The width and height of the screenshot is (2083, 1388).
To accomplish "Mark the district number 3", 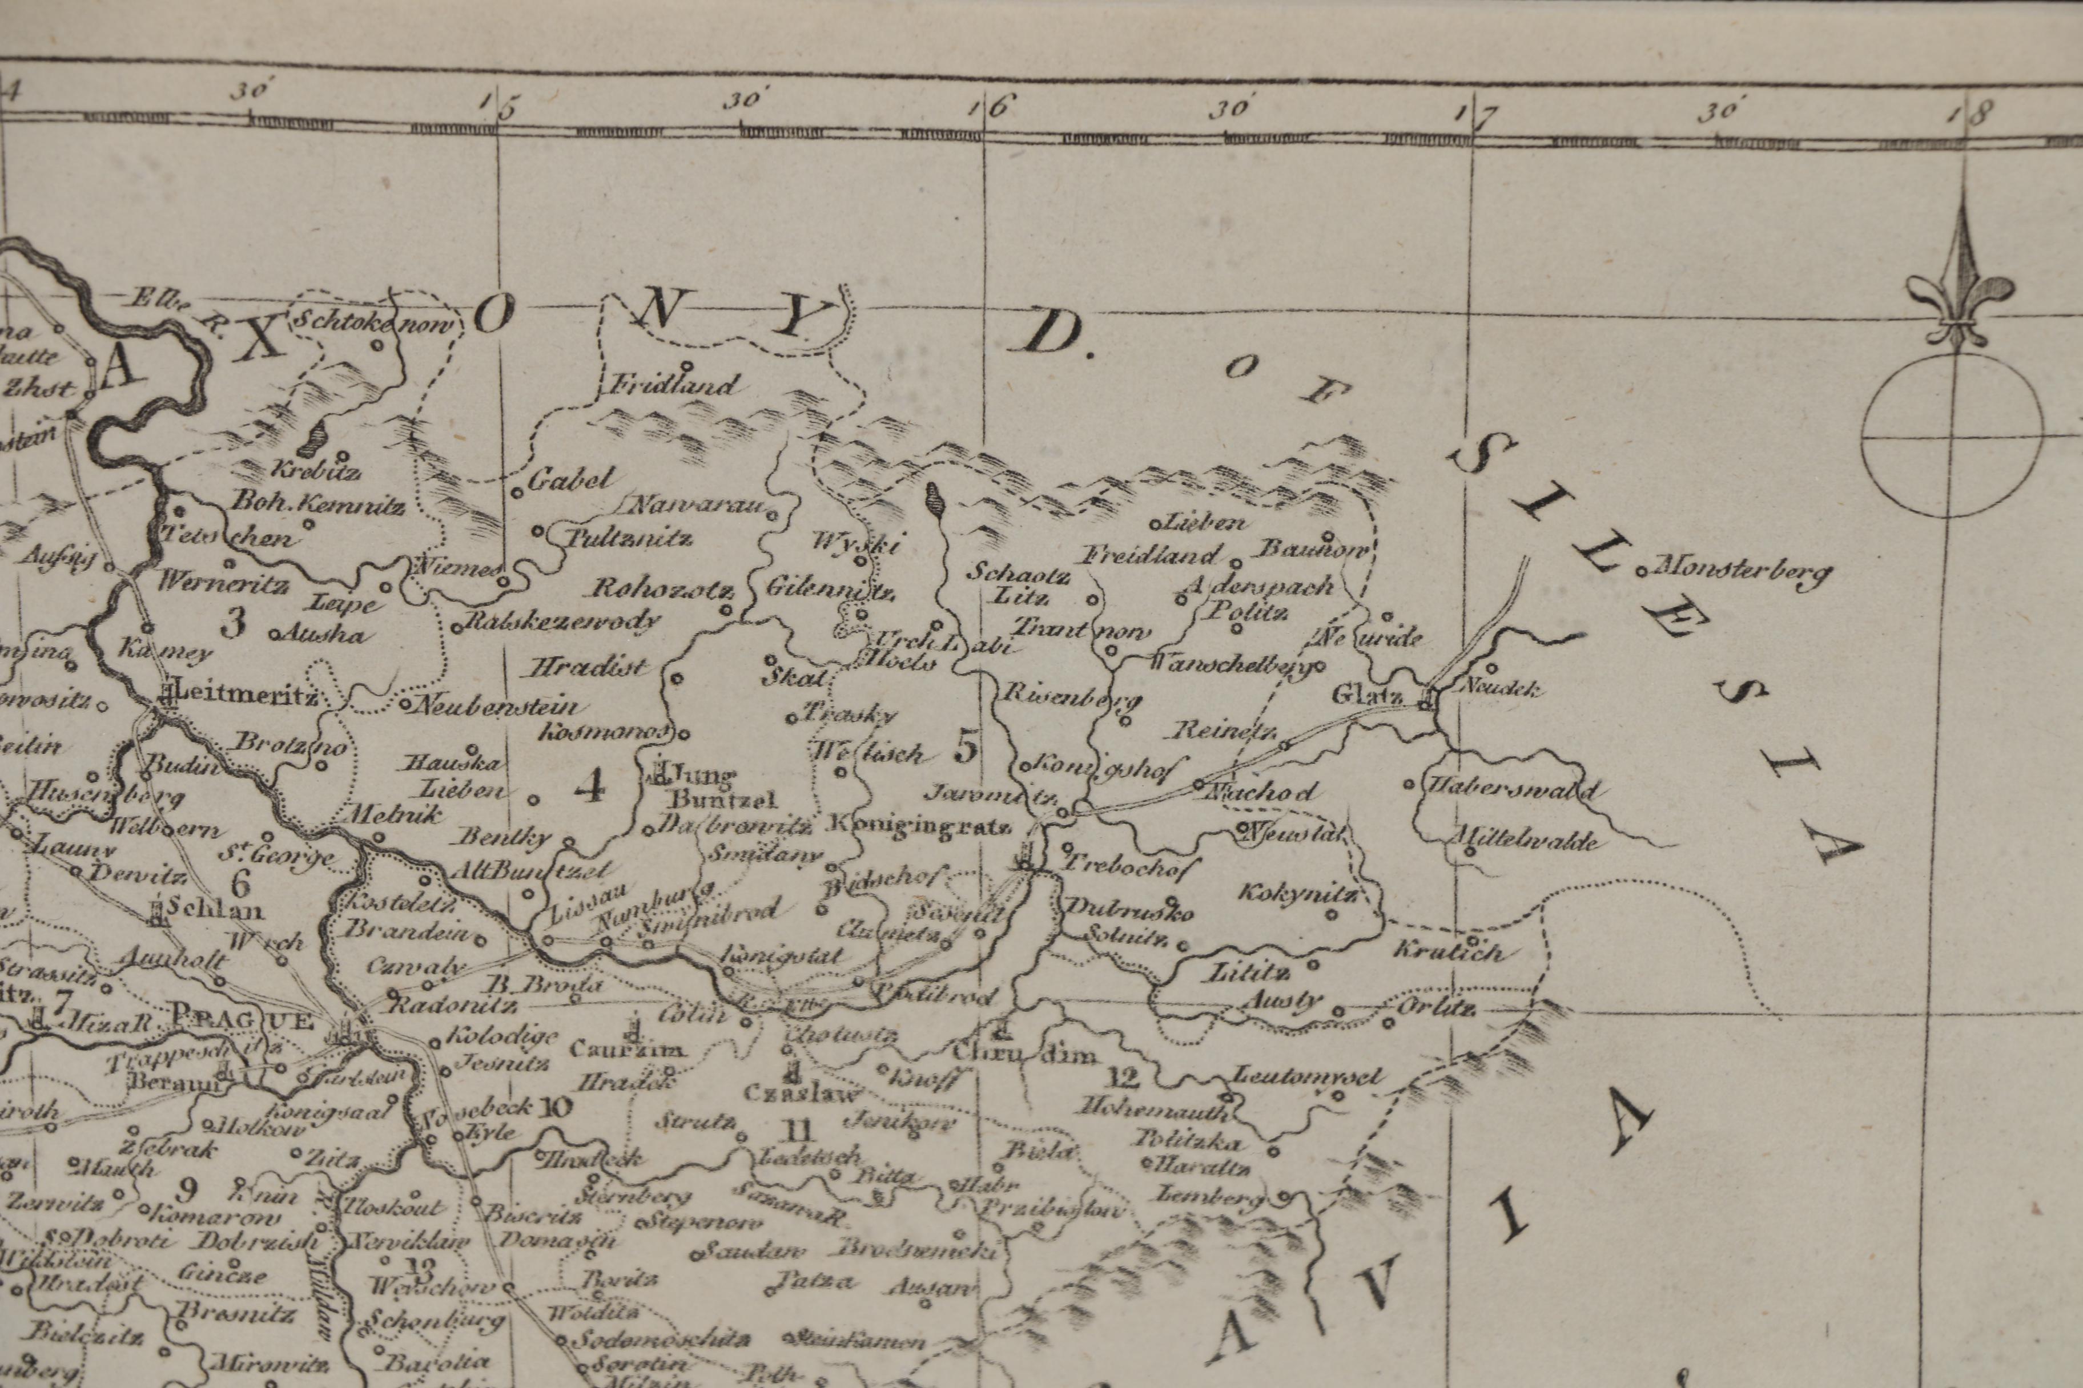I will pos(233,622).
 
